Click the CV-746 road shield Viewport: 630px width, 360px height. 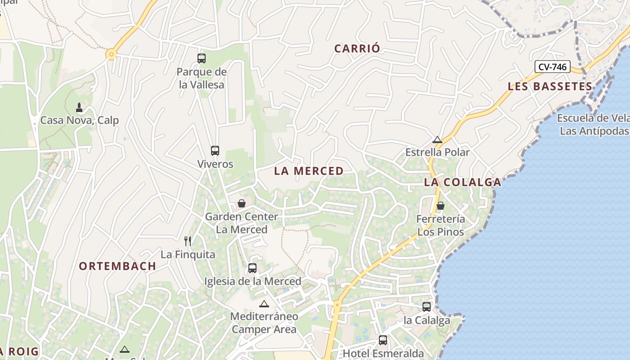click(553, 67)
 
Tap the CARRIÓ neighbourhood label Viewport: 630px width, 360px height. click(357, 49)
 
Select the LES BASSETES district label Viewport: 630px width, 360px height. click(550, 86)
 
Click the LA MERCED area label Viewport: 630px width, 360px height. click(309, 171)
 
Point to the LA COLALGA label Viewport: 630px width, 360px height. click(463, 182)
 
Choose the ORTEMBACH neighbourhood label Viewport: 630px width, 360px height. click(117, 266)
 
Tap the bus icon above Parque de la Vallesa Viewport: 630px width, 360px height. click(202, 58)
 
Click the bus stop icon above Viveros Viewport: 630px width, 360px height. click(215, 151)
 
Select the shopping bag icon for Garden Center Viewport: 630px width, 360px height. click(242, 203)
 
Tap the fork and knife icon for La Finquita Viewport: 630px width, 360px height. click(188, 241)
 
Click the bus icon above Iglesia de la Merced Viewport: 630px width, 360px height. click(252, 268)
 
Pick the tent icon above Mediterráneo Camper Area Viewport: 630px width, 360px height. click(264, 304)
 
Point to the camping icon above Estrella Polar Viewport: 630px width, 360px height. click(437, 139)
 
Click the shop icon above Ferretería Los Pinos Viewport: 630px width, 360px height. click(441, 206)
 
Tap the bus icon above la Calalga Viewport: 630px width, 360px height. click(427, 307)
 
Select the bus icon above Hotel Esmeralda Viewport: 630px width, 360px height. click(383, 340)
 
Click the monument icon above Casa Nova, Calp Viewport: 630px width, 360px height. click(79, 108)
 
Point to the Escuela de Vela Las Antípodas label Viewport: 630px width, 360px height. click(593, 125)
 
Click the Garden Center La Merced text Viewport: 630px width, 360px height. click(242, 223)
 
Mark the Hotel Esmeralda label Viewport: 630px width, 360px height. click(383, 353)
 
